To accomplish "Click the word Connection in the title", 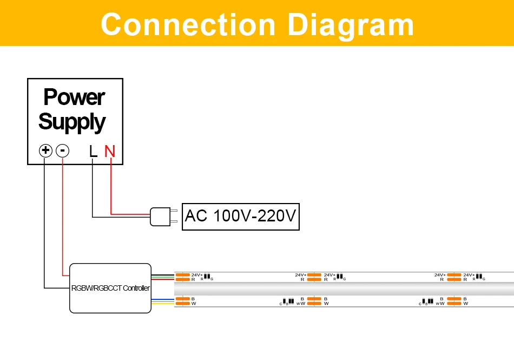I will point(188,25).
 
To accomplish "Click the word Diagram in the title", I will point(351,25).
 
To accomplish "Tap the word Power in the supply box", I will point(74,97).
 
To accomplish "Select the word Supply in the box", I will point(72,122).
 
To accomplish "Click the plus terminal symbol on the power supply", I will point(45,150).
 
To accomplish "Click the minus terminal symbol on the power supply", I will point(63,150).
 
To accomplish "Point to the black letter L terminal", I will point(93,151).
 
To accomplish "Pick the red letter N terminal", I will point(110,151).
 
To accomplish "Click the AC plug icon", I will point(161,217).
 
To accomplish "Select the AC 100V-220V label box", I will point(241,217).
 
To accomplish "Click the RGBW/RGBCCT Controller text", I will point(110,288).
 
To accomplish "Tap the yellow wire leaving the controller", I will point(162,304).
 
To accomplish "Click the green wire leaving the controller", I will point(162,276).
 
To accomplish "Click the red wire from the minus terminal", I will point(63,217).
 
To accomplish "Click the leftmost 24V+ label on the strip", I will point(196,275).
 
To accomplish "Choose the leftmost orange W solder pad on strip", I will point(182,304).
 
